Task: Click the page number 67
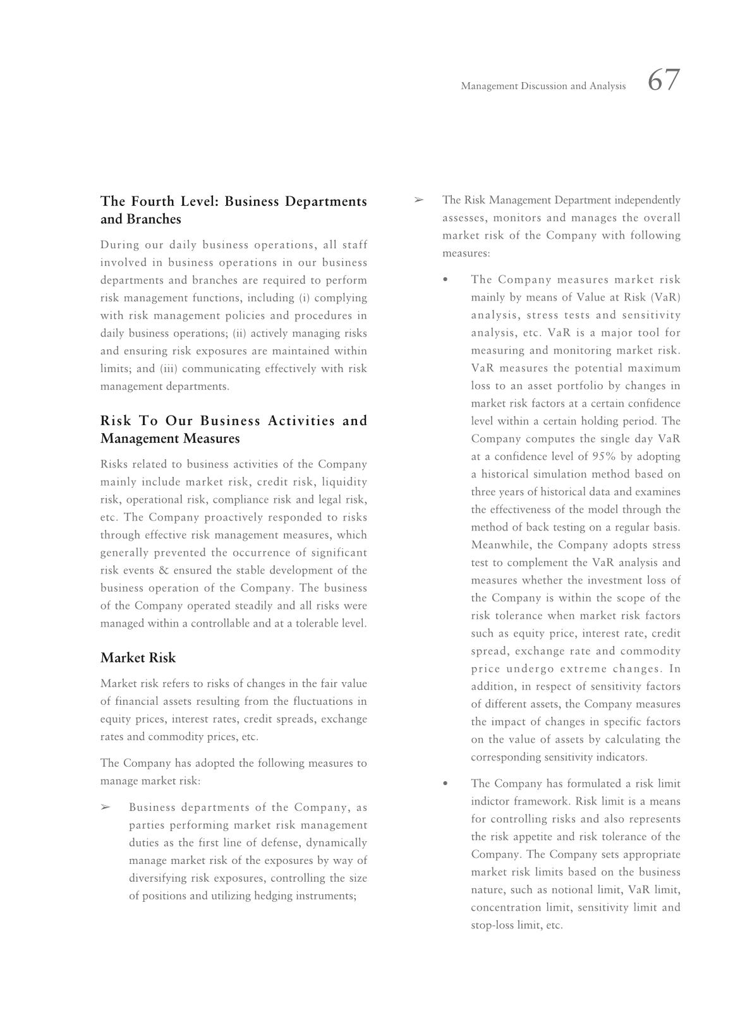tap(664, 81)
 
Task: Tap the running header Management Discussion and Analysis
tap(543, 86)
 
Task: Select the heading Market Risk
tap(138, 657)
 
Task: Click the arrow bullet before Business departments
tap(106, 807)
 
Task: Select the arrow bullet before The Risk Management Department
tap(418, 200)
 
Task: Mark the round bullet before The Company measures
tap(446, 280)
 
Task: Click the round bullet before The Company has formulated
tap(446, 784)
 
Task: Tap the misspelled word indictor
tap(490, 801)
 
